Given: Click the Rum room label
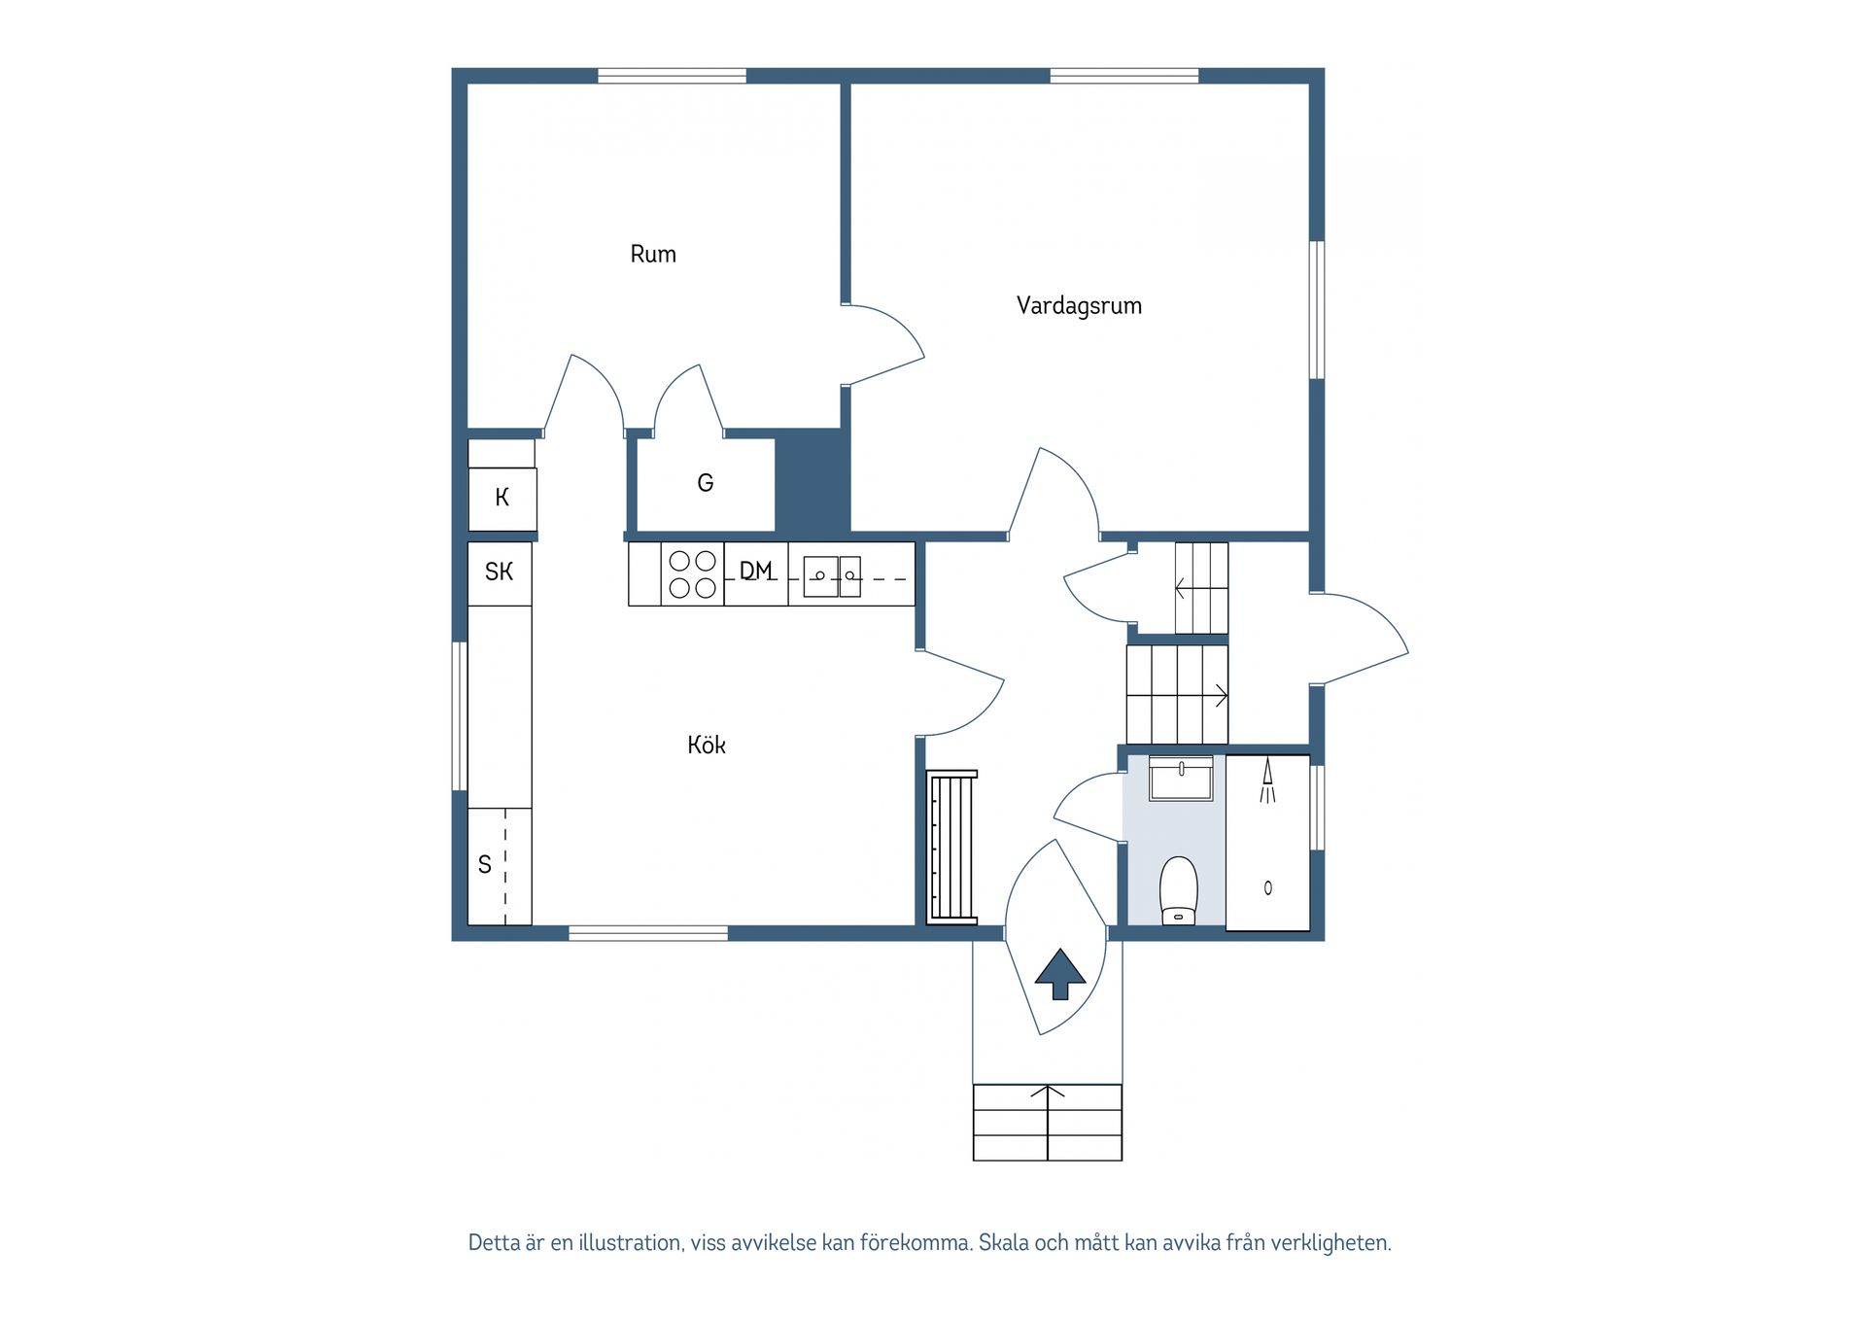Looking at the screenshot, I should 652,255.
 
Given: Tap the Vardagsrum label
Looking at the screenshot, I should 1078,306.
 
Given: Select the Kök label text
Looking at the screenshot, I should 706,746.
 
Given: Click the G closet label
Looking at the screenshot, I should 706,483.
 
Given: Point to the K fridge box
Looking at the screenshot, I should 501,498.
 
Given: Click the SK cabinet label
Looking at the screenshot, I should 499,573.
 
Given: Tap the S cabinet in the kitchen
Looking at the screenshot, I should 486,864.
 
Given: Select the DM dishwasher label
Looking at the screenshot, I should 756,572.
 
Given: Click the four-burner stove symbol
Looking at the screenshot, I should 692,574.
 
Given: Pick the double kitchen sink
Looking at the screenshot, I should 832,575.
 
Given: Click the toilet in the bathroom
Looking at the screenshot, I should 1178,889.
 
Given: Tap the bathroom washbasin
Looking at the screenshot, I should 1181,779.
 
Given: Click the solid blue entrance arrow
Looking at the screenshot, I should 1059,974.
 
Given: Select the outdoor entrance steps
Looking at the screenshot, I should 1047,1123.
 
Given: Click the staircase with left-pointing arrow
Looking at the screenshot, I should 1201,588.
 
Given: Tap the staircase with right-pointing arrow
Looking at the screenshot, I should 1176,695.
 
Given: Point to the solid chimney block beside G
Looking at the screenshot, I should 812,481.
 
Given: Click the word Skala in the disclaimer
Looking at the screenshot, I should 1004,1243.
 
